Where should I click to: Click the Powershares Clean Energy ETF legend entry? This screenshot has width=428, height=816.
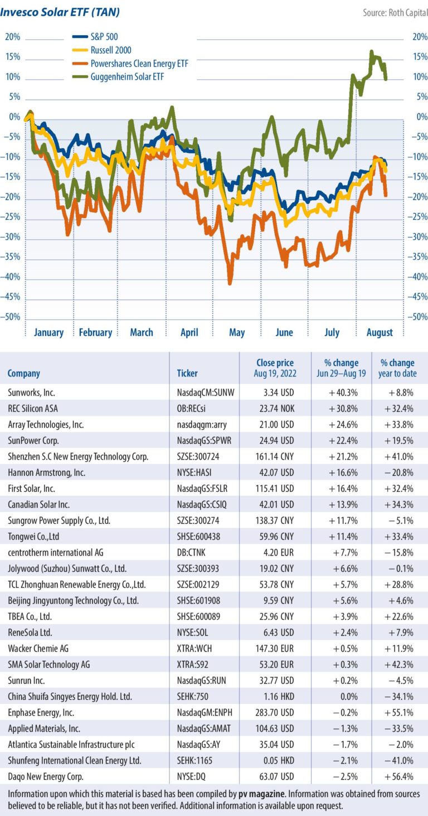pyautogui.click(x=139, y=64)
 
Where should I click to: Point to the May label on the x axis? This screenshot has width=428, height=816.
pyautogui.click(x=237, y=332)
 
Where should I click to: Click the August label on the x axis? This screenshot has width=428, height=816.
pyautogui.click(x=380, y=332)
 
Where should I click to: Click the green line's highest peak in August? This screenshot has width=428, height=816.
pyautogui.click(x=371, y=52)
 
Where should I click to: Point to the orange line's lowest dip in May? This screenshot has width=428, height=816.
pyautogui.click(x=229, y=283)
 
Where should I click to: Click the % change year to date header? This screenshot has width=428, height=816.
pyautogui.click(x=398, y=368)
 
